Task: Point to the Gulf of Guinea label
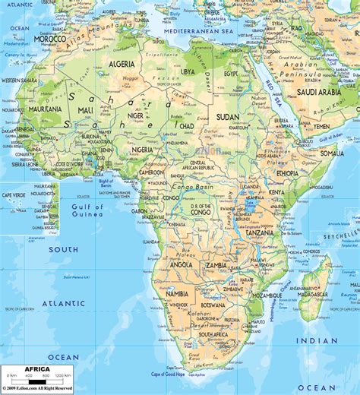tap(87, 210)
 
